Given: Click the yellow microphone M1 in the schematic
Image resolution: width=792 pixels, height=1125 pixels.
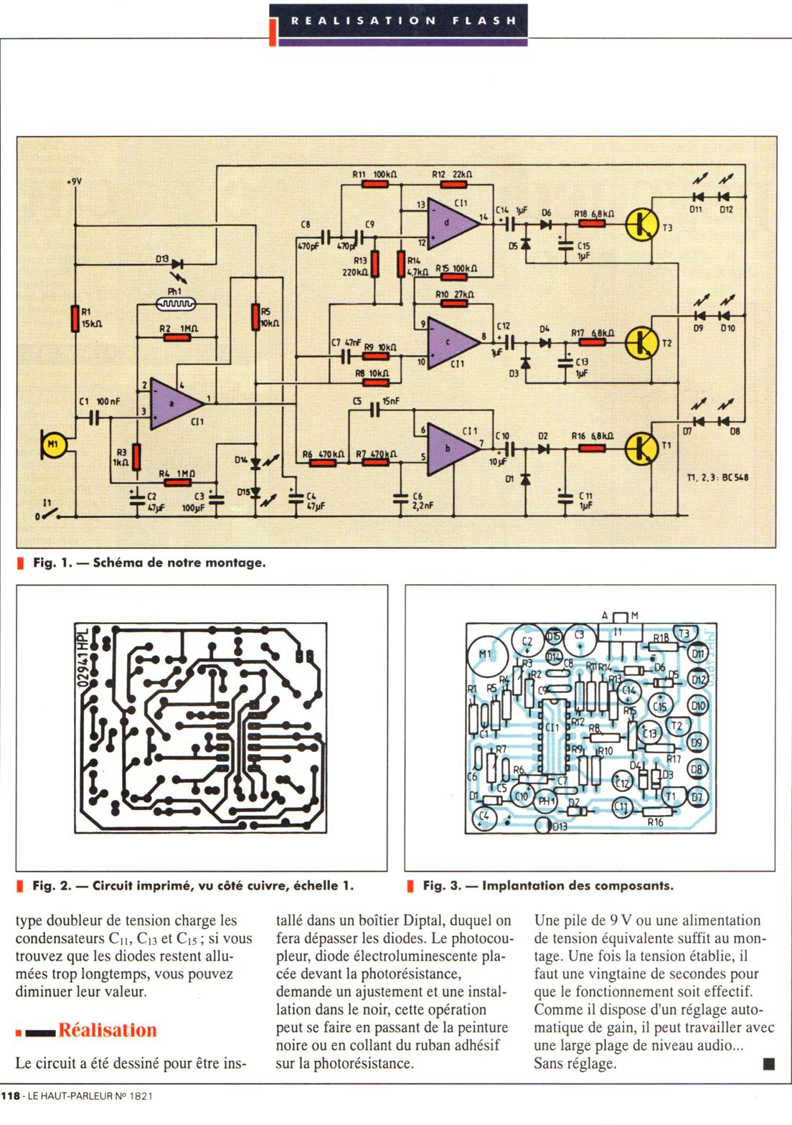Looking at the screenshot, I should [53, 446].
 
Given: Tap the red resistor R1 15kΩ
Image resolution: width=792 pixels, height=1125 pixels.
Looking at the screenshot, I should [75, 319].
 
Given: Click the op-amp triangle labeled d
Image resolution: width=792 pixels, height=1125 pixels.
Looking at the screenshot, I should [450, 222].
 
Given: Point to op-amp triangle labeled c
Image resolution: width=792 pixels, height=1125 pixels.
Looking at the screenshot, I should [450, 343].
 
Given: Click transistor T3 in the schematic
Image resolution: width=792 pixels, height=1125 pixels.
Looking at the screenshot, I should [641, 224].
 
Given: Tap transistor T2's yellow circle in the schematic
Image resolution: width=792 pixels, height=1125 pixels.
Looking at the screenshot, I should [641, 343].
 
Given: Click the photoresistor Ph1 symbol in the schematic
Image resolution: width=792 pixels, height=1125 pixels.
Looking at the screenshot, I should [176, 304].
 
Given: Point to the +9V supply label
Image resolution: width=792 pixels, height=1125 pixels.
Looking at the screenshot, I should [74, 182].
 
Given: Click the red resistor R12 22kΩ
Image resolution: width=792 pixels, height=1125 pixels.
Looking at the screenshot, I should [453, 184].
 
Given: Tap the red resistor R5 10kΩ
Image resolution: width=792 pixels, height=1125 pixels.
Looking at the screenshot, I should [255, 317].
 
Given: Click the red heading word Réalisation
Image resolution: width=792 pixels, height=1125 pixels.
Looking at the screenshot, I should [108, 1030].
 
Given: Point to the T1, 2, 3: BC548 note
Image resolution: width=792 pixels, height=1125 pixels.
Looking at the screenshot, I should [717, 477].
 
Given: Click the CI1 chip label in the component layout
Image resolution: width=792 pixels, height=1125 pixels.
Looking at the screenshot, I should [551, 728].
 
